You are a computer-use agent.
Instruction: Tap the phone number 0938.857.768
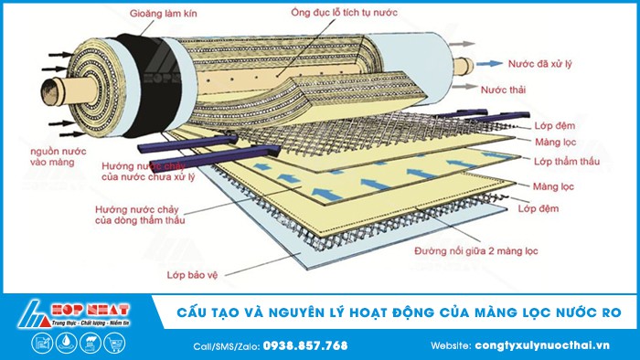(x=304, y=345)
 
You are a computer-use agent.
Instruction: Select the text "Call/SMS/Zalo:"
(x=227, y=345)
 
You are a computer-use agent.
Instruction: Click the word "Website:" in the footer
(x=450, y=345)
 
